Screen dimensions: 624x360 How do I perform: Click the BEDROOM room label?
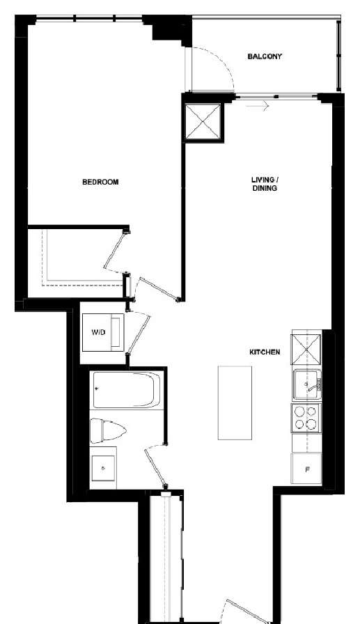pos(100,182)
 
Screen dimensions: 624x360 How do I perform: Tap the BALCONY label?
pos(265,56)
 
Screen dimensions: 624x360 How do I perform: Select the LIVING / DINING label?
pos(265,184)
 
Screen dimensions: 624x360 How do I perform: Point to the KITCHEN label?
pos(265,352)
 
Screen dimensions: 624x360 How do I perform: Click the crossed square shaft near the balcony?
pos(203,123)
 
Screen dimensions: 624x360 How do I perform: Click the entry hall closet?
pos(166,557)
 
